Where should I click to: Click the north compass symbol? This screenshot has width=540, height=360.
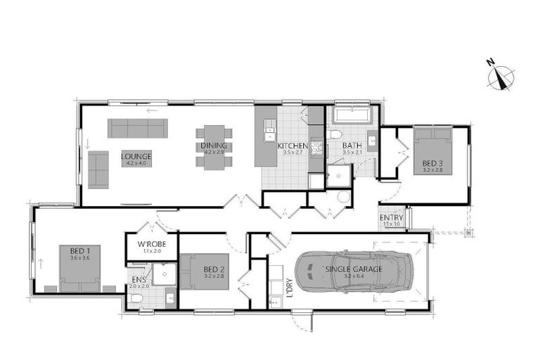click(501, 76)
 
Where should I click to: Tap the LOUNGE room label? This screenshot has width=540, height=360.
click(136, 156)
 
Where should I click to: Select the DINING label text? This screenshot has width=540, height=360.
click(213, 146)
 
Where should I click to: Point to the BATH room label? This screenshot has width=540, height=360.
click(352, 146)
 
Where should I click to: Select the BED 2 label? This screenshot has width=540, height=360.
click(214, 269)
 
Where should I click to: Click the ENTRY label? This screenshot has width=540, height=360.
click(392, 218)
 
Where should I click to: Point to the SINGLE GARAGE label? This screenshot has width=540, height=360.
click(354, 269)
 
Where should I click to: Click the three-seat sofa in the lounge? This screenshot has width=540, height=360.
click(137, 128)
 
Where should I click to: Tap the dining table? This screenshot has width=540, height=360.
click(213, 148)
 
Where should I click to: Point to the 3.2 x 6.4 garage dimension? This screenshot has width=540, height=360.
click(354, 276)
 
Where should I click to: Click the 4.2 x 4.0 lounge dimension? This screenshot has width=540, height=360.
click(136, 163)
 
